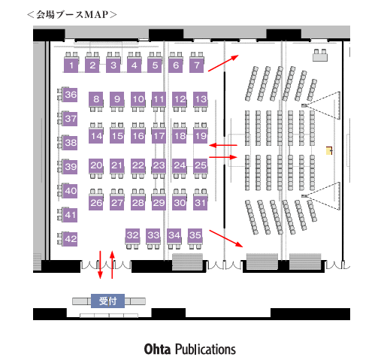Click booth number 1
71,65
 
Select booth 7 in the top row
197,65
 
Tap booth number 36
70,95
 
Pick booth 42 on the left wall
70,239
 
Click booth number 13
201,99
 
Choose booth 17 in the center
159,136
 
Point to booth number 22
138,165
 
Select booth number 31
201,203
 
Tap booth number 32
133,235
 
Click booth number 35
195,235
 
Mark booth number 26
96,203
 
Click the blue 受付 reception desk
107,301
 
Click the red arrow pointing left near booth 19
223,145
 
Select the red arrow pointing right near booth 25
223,157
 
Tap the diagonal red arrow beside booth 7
223,63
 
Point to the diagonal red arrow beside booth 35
226,238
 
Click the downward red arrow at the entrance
100,265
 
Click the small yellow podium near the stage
328,151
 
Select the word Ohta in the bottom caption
157,349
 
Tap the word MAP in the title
96,14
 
